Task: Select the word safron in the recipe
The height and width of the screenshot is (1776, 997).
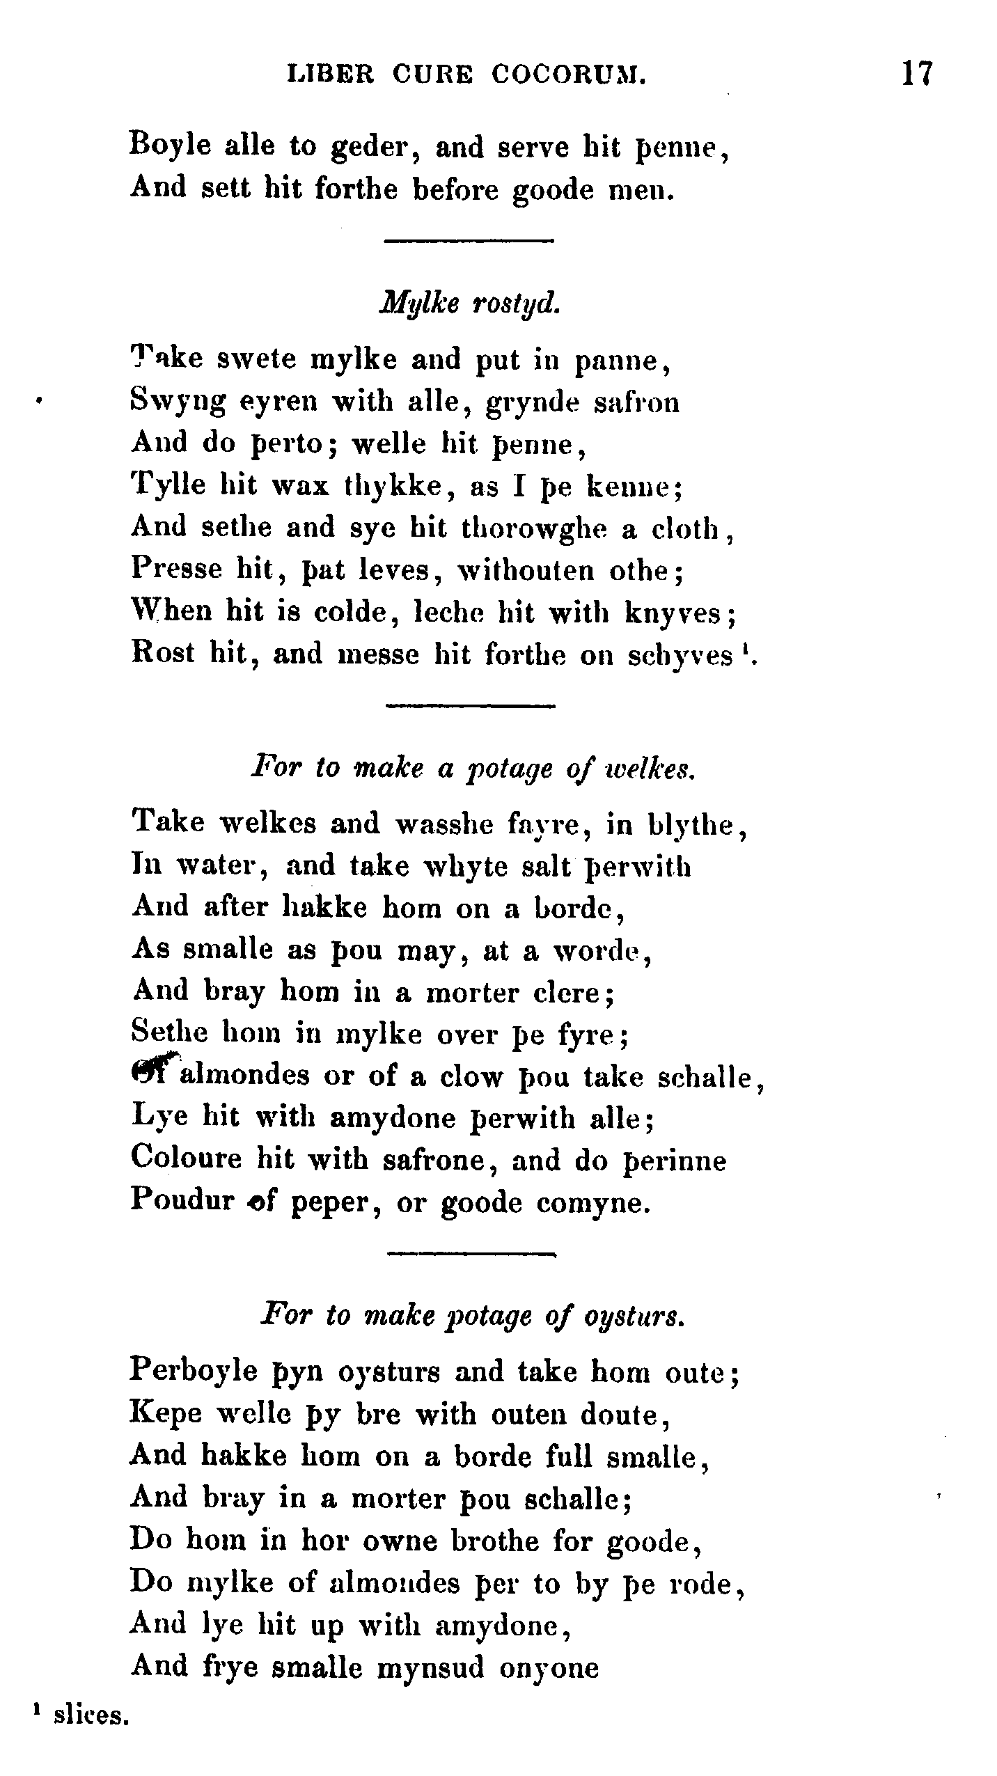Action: tap(636, 403)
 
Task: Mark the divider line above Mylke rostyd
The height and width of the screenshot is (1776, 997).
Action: tap(468, 242)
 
